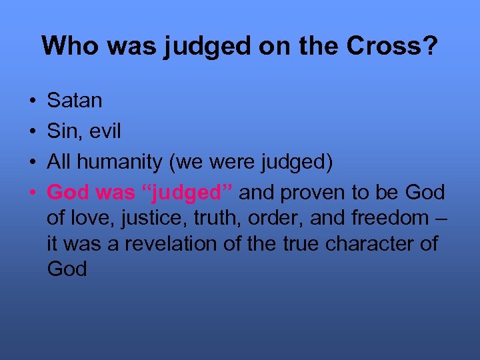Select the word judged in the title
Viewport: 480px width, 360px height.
pyautogui.click(x=197, y=45)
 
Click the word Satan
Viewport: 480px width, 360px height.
pyautogui.click(x=75, y=101)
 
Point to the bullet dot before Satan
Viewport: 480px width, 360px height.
pyautogui.click(x=33, y=101)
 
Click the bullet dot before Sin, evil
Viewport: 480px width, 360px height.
pyautogui.click(x=33, y=132)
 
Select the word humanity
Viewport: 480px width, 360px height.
pyautogui.click(x=122, y=162)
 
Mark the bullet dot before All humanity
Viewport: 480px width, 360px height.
pyautogui.click(x=33, y=163)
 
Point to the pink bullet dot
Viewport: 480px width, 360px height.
pyautogui.click(x=33, y=193)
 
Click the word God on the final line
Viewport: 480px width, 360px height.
pyautogui.click(x=67, y=269)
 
